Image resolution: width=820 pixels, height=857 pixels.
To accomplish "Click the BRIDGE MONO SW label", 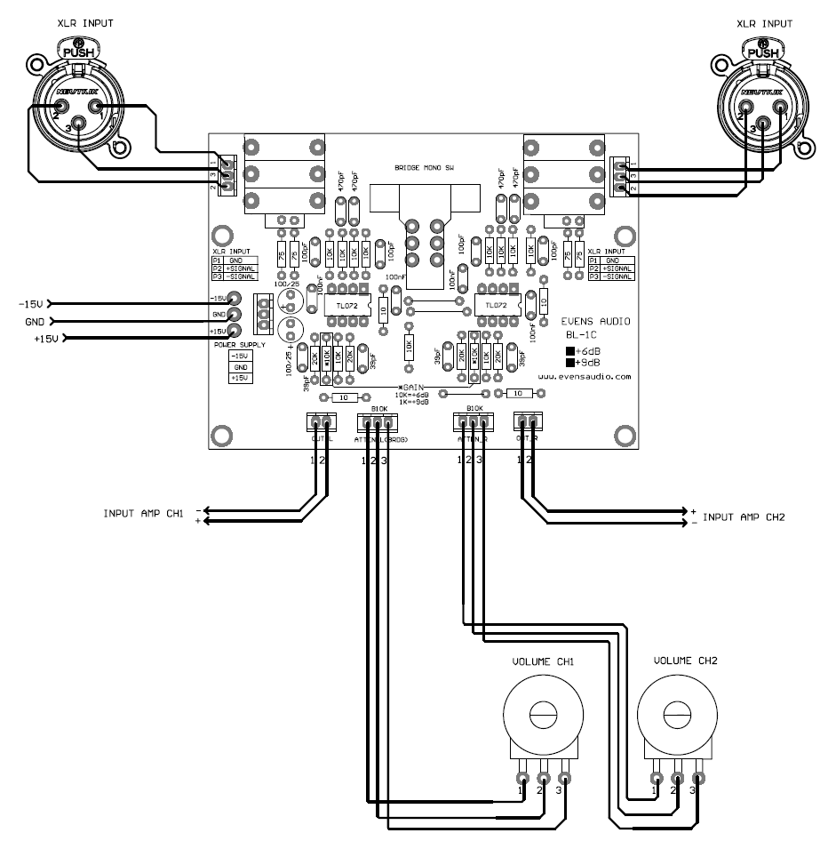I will pyautogui.click(x=425, y=168).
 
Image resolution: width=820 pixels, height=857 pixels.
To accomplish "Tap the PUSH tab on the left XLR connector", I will pyautogui.click(x=78, y=52).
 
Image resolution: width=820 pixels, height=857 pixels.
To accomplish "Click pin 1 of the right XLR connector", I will pyautogui.click(x=780, y=108).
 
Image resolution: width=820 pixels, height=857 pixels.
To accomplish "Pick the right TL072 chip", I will pyautogui.click(x=491, y=305).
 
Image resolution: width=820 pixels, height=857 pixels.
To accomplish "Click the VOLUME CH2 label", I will pyautogui.click(x=682, y=662).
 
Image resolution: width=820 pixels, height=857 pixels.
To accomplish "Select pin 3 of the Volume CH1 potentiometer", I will pyautogui.click(x=561, y=779).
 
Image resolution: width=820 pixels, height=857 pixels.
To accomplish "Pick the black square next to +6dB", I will pyautogui.click(x=570, y=350).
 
